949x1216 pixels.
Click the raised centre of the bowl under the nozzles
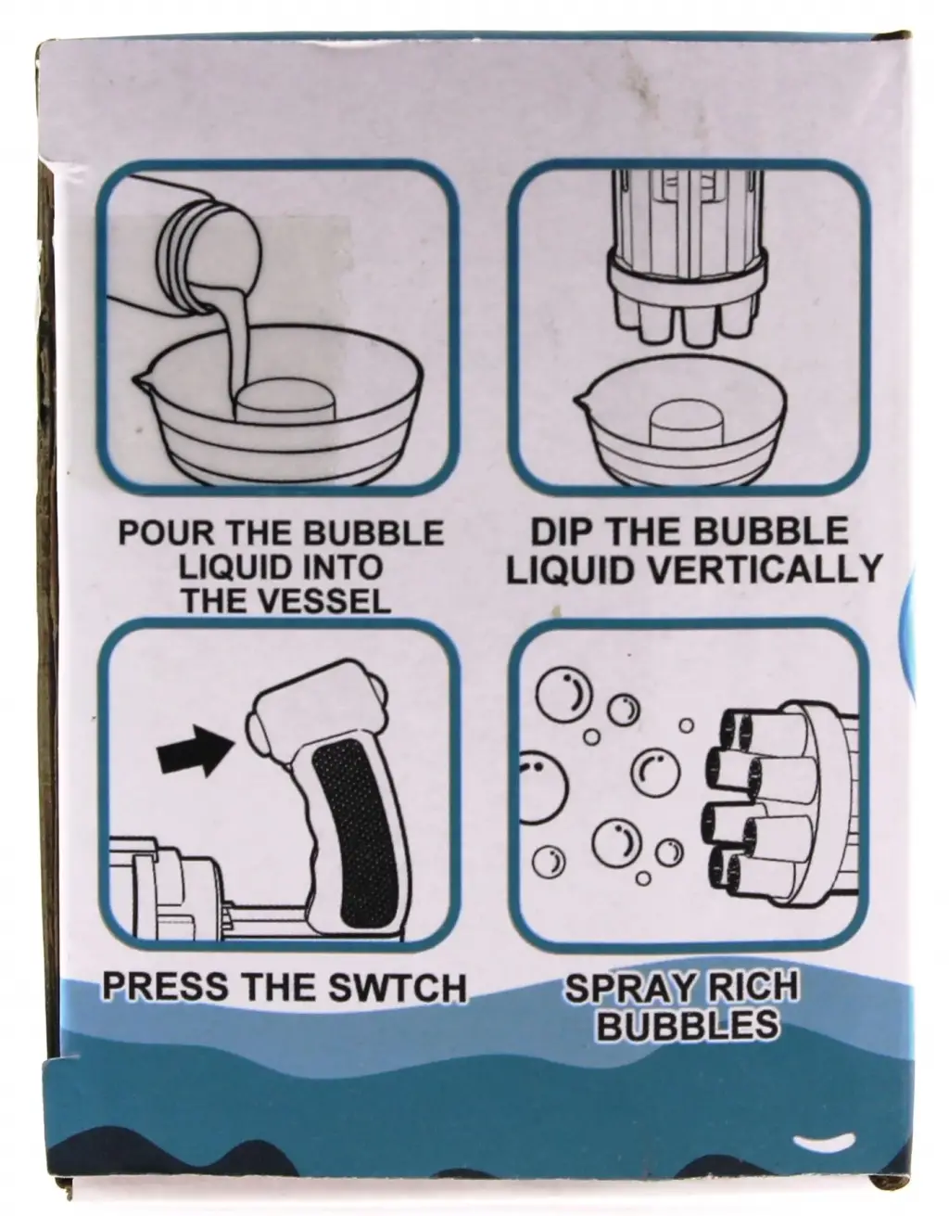tap(686, 424)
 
